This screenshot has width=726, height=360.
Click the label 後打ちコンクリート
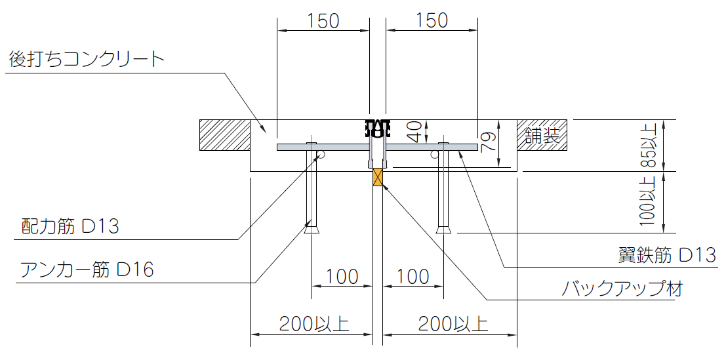(x=87, y=60)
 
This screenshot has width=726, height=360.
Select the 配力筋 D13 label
(x=70, y=227)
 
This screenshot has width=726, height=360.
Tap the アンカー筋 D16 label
(x=87, y=270)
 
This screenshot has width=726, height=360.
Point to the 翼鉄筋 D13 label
(x=667, y=255)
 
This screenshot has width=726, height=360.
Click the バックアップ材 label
(x=622, y=289)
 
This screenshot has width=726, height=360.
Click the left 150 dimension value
(x=323, y=21)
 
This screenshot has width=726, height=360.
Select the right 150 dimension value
(x=432, y=21)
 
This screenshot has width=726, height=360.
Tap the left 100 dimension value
(x=342, y=277)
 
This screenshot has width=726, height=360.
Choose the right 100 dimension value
(x=413, y=277)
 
